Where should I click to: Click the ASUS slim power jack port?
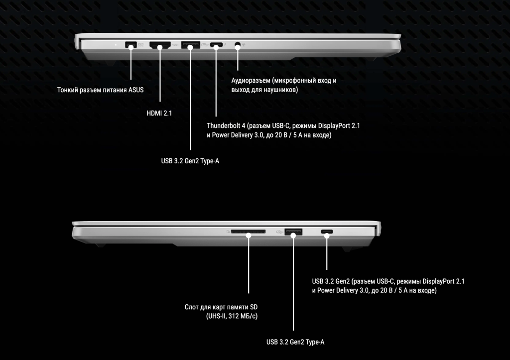131,44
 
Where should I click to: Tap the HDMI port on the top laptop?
160,45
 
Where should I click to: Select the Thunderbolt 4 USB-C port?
216,45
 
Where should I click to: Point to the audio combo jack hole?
238,44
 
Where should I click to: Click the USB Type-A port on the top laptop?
191,45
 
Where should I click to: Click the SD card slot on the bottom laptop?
248,232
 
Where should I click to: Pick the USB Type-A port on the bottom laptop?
293,232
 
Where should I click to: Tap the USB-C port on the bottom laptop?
327,232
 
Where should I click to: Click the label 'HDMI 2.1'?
159,113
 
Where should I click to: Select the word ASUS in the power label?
135,90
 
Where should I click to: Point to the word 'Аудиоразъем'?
251,81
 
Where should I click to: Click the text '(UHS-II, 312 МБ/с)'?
232,316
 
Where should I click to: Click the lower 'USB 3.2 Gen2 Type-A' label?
295,342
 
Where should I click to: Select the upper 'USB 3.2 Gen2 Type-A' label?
190,161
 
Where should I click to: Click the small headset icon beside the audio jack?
244,44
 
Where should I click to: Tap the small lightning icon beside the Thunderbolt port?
225,45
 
